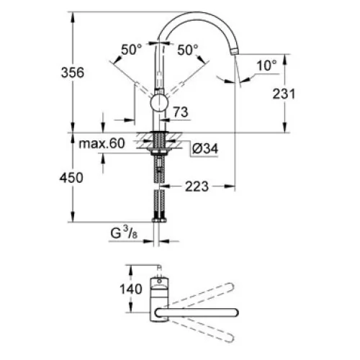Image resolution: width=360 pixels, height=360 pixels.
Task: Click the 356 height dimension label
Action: [73, 73]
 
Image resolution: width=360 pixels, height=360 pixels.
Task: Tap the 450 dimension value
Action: [71, 178]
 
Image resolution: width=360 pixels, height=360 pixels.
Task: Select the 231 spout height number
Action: [284, 94]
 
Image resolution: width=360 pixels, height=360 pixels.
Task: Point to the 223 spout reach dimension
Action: [197, 186]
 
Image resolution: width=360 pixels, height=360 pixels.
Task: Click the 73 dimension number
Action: [181, 112]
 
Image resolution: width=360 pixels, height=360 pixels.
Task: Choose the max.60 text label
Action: [102, 143]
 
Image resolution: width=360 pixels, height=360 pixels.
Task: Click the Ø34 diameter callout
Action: [205, 149]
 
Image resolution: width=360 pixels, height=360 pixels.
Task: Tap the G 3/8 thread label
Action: [124, 233]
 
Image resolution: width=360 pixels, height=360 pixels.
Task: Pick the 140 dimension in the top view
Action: [131, 289]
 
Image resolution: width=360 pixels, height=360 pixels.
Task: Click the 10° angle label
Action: [266, 65]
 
